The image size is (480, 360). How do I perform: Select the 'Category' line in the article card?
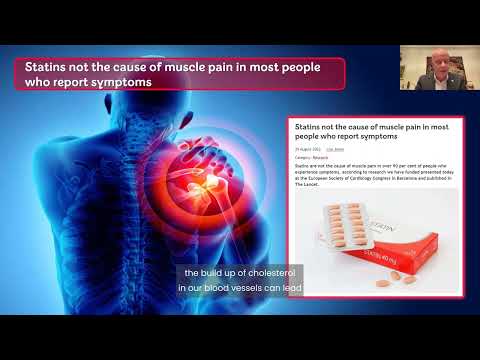(311, 157)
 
